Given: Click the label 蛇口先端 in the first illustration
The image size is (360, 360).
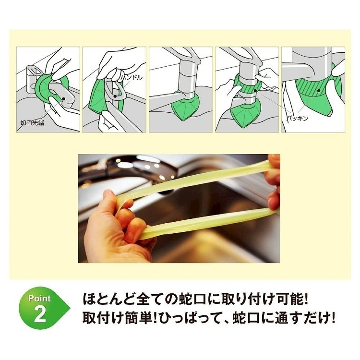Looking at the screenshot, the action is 32,123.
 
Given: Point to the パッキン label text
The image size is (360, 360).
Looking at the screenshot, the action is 298,118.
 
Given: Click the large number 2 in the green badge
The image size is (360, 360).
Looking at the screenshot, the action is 40,315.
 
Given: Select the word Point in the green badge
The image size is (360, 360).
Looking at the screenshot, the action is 39,298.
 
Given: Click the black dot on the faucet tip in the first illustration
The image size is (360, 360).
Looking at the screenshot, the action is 63,98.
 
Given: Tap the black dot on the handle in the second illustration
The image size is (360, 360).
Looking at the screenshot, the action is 115,96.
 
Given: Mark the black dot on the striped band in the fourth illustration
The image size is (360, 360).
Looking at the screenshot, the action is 255,91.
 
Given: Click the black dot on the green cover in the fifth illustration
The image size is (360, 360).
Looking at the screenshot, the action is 319,91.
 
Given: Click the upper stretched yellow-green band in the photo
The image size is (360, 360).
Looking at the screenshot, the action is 195,181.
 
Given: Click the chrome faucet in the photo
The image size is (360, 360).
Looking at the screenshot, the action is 138,170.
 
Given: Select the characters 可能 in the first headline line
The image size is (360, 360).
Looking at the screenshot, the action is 290,299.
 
